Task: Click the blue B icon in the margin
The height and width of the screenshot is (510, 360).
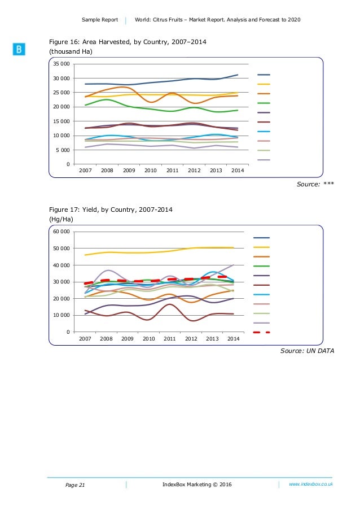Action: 19,50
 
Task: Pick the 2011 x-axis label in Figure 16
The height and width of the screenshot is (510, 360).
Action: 172,170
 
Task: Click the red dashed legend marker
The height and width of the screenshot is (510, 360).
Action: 262,332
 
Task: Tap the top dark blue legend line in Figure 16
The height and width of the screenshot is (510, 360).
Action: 264,75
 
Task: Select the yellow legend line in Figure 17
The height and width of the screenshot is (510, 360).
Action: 262,247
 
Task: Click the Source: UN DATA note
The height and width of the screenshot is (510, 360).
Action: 307,351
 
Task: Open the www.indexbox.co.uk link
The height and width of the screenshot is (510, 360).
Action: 310,485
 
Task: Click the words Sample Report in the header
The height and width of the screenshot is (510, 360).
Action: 99,20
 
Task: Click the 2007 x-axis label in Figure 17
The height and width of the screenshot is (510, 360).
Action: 85,338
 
